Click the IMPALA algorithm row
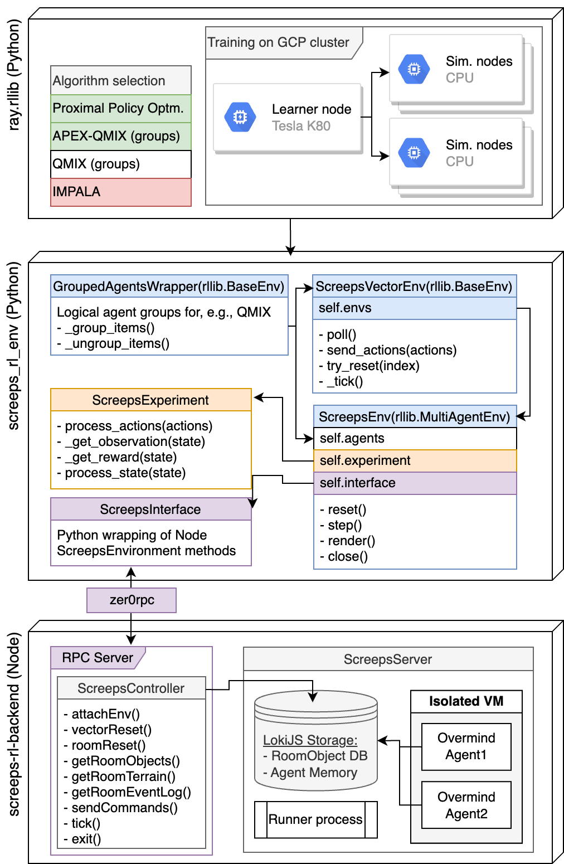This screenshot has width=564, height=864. pos(120,192)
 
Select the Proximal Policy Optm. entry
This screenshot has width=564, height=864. pos(120,108)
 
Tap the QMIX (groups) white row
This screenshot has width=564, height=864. pos(120,164)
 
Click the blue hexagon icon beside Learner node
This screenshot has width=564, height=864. pos(240,117)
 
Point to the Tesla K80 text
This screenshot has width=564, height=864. pos(301,126)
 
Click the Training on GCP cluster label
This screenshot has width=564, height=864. pos(278,42)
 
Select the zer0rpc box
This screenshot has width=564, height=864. pos(132,600)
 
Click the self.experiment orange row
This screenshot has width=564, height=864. pos(415,460)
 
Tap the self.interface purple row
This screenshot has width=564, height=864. pos(415,483)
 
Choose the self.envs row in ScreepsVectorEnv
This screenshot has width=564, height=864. pos(414,308)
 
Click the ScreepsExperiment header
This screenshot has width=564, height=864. pos(150,400)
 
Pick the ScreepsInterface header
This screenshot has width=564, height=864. pos(150,509)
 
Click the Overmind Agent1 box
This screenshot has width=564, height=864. pos(466,746)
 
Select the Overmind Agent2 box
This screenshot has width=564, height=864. pos(466,805)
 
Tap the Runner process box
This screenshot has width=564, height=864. pos(315,819)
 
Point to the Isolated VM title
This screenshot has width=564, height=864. pos(466,701)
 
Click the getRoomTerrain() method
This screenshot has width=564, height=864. pos(123,776)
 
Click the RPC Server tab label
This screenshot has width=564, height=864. pos(98,658)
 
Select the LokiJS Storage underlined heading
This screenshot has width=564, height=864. pos(310,740)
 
